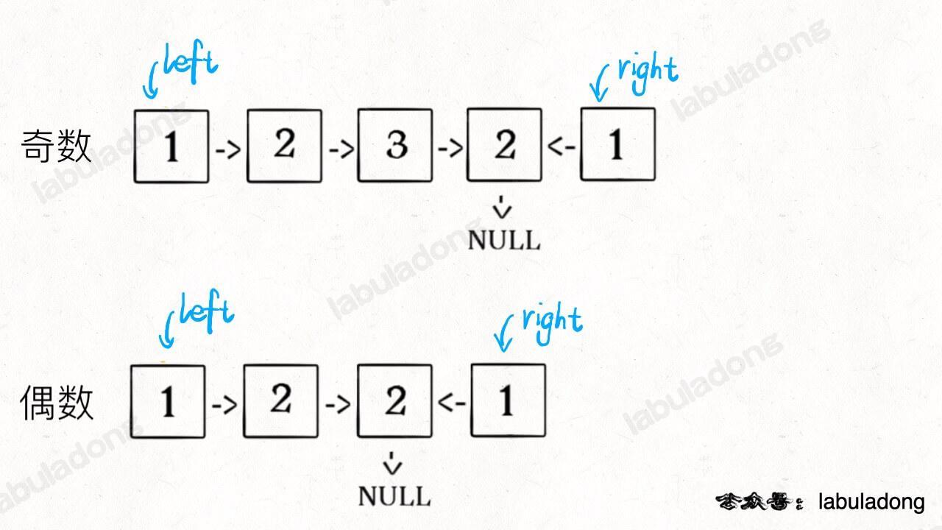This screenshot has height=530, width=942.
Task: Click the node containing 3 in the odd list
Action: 395,146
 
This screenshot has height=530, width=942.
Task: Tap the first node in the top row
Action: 171,146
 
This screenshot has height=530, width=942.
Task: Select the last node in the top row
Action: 617,144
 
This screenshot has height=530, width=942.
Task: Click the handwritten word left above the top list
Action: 191,63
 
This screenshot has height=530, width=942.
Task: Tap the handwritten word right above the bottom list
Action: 552,323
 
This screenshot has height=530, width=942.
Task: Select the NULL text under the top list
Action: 504,241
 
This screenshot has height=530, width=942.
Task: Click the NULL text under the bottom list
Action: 394,496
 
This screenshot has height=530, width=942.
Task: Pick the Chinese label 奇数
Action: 56,146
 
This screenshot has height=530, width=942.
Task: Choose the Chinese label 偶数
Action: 57,403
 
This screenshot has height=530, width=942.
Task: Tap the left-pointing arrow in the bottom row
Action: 452,403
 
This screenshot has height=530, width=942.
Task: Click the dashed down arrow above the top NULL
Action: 502,207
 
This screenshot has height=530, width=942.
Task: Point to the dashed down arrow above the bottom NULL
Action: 392,463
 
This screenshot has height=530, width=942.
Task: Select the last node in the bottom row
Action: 509,400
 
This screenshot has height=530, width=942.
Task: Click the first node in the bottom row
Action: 168,402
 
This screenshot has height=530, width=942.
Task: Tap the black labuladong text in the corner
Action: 871,502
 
